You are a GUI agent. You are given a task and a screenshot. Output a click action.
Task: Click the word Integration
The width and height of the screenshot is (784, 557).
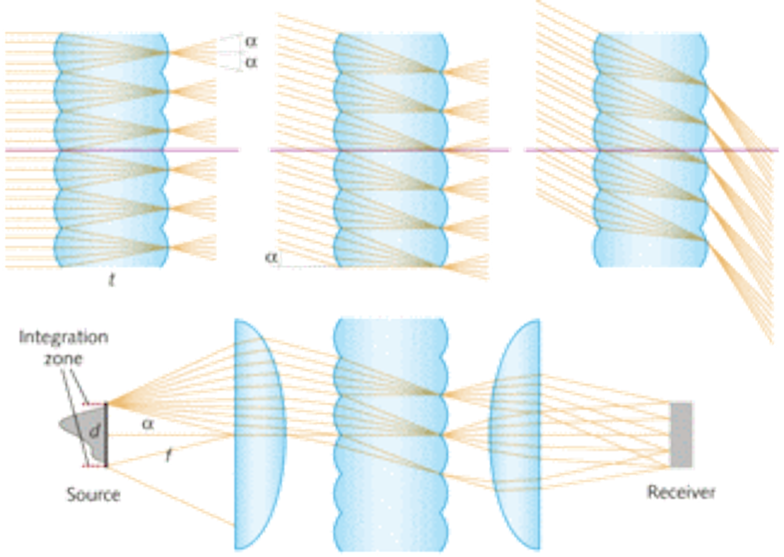[64, 337]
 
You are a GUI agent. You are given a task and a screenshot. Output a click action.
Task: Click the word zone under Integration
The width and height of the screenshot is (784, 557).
[64, 358]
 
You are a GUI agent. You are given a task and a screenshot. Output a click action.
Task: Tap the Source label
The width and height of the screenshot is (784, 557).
[93, 494]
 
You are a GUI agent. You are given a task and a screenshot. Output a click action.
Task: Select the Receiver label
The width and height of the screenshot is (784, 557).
[681, 492]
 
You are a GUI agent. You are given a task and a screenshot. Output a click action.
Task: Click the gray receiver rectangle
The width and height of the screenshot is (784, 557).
[682, 434]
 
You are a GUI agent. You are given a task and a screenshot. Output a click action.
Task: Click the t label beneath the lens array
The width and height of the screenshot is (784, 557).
[113, 281]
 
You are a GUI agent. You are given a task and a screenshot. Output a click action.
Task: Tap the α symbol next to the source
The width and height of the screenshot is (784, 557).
[147, 423]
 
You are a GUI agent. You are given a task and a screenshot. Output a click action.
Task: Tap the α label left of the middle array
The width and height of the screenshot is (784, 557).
[271, 256]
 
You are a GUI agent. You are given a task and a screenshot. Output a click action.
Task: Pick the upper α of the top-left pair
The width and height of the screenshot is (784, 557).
[251, 42]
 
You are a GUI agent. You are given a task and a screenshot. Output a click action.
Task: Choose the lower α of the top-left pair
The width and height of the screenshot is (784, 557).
[251, 63]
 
